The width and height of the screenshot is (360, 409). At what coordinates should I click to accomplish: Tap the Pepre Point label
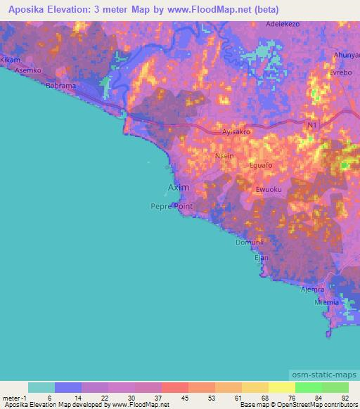coord(171,207)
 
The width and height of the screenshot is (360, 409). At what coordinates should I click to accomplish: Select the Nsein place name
coord(224,157)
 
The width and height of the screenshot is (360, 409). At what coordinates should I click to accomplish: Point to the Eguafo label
coord(261,165)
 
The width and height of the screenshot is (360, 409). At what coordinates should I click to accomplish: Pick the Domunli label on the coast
coord(248,242)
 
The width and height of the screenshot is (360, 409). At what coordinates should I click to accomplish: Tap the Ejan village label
coord(261,258)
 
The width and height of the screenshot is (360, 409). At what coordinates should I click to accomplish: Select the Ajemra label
coord(311,290)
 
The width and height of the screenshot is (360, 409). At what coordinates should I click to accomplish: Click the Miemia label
coord(328,301)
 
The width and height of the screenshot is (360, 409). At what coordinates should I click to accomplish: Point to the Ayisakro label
coord(237,131)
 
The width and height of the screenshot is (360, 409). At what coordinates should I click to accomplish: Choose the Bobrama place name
coord(60,86)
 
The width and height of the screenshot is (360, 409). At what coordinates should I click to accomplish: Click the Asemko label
coord(30,71)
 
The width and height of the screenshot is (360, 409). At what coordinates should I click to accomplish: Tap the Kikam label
coord(10,60)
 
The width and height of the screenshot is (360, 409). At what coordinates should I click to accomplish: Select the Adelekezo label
coord(283,23)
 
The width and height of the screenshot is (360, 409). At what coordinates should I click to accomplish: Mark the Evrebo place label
coord(340,73)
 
